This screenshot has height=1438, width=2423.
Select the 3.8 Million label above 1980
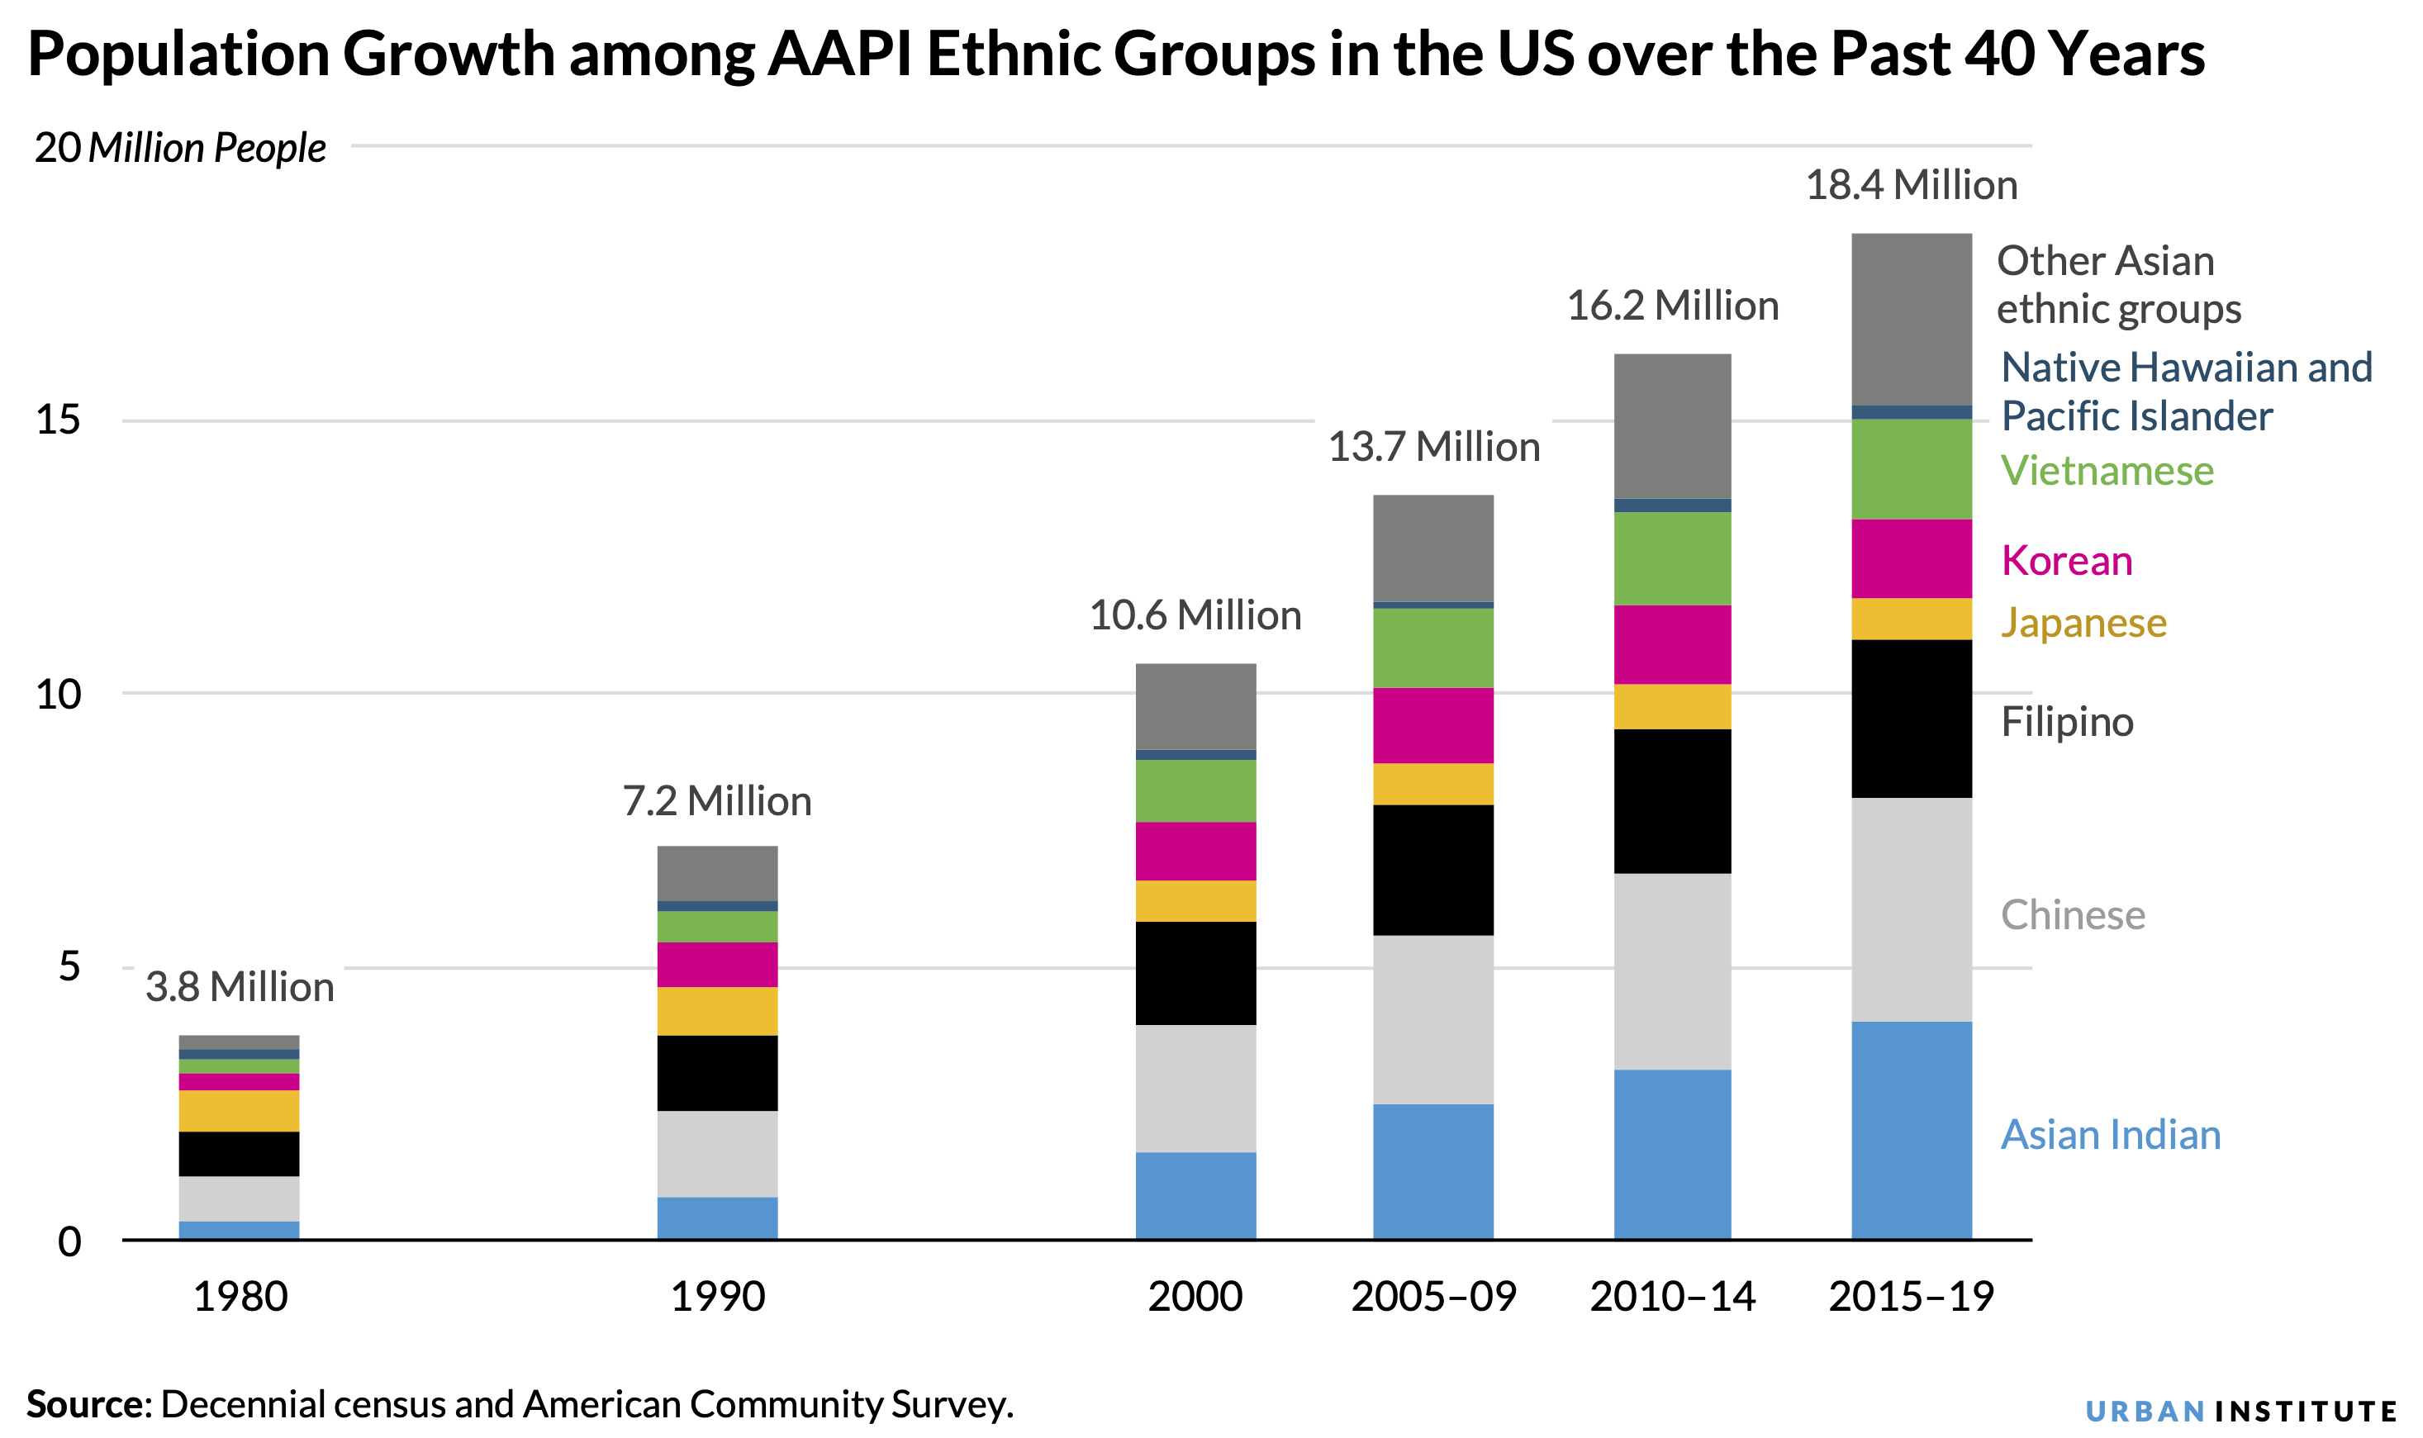(240, 987)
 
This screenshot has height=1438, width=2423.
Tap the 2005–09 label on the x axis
(1432, 1297)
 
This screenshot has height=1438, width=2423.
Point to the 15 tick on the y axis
(58, 420)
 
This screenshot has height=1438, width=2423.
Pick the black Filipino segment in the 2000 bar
(1195, 973)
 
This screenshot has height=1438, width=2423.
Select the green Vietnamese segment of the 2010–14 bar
(1672, 558)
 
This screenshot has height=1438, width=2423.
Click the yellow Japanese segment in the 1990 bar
(717, 1011)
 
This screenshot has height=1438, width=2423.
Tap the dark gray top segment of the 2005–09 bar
(1432, 548)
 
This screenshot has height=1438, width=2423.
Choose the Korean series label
(2066, 561)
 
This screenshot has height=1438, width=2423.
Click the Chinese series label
(2072, 914)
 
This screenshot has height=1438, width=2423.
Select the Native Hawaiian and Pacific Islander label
(2186, 392)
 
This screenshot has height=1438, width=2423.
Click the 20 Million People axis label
(180, 148)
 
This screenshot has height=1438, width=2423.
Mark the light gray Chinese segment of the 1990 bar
(717, 1153)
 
